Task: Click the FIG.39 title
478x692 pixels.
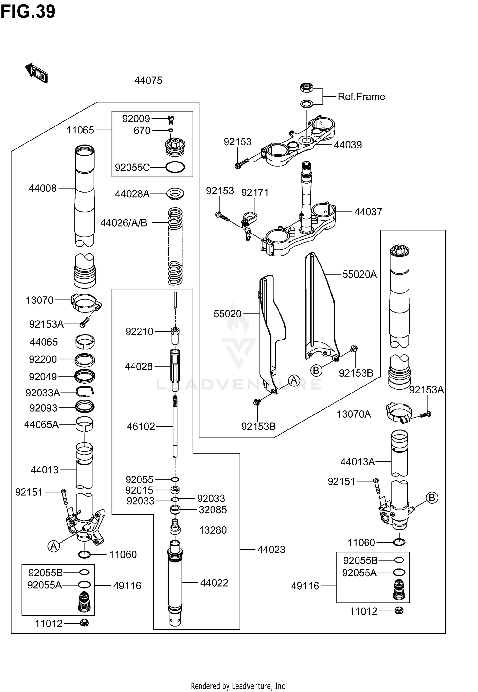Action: click(x=28, y=11)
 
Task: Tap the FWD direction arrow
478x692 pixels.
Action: click(x=36, y=73)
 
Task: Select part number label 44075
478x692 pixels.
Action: click(x=148, y=81)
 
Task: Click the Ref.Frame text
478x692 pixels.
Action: click(x=361, y=97)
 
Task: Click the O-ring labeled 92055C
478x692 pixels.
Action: click(x=175, y=167)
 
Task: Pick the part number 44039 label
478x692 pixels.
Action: click(x=348, y=145)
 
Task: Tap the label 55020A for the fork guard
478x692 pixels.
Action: click(x=359, y=274)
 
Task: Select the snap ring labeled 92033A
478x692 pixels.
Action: click(x=85, y=392)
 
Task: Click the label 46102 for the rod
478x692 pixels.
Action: click(x=141, y=426)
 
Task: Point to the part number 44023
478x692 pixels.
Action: click(x=271, y=550)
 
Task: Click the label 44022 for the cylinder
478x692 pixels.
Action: click(x=214, y=583)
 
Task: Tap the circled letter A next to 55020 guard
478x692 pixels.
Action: click(x=294, y=380)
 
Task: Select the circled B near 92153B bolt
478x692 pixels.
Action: click(x=316, y=370)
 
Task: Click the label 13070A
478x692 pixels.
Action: click(x=354, y=414)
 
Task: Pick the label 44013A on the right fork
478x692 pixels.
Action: click(x=358, y=462)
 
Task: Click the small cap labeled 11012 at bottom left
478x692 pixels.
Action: click(x=84, y=623)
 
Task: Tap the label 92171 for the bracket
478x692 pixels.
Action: click(x=255, y=192)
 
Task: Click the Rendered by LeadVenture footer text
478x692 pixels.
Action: click(x=239, y=686)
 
